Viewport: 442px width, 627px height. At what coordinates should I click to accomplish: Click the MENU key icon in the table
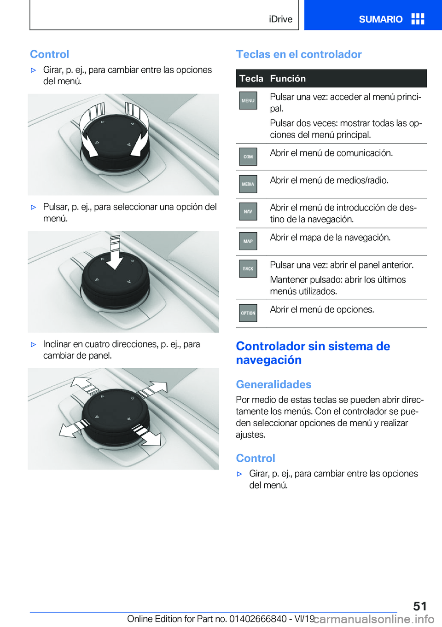click(x=248, y=101)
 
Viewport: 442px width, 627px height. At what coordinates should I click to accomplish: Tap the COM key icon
click(x=248, y=157)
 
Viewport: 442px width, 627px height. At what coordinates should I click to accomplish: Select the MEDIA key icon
click(x=248, y=184)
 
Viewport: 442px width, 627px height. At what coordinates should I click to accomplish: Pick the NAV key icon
click(x=248, y=212)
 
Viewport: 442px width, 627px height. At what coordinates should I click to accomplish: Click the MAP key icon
click(x=248, y=241)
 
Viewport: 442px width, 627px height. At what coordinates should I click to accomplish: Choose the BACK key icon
click(x=248, y=269)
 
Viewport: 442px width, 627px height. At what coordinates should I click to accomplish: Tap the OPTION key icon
click(x=248, y=313)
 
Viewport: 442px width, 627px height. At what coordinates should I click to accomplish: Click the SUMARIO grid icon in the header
click(x=418, y=19)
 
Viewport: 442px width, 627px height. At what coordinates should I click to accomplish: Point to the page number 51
click(x=420, y=606)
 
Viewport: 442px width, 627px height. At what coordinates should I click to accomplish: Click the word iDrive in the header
click(x=281, y=19)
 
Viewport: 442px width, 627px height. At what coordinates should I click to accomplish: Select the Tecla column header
click(x=251, y=78)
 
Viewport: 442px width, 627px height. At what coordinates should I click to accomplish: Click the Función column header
click(x=288, y=78)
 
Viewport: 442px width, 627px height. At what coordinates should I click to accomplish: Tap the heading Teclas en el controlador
click(x=299, y=54)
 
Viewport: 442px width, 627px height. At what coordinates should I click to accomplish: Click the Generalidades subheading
click(x=273, y=384)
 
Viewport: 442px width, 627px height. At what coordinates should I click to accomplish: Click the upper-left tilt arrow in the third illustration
click(x=83, y=384)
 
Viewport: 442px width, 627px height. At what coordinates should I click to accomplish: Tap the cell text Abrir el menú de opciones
click(x=322, y=309)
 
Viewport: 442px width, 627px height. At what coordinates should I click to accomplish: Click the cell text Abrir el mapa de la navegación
click(x=330, y=238)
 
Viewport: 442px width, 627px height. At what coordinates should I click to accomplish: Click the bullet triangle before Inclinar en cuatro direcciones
click(x=33, y=344)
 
